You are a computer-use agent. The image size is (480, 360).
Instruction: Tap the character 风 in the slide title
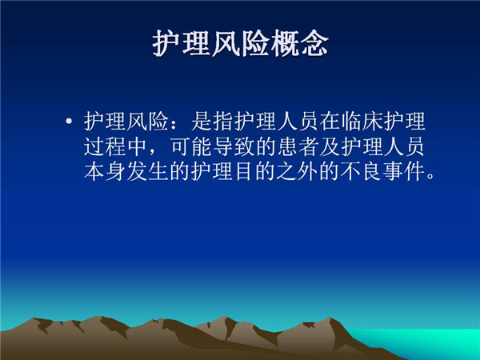tap(226, 43)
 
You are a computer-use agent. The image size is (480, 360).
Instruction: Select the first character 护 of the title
tap(167, 43)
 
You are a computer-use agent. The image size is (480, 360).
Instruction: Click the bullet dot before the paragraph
tap(69, 122)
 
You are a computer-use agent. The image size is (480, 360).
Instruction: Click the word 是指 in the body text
tap(212, 122)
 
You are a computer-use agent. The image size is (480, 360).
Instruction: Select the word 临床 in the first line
tap(362, 122)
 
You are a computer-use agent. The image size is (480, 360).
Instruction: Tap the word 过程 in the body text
tap(105, 146)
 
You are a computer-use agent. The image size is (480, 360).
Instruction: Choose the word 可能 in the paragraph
tap(190, 146)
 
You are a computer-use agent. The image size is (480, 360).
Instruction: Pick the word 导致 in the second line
tap(234, 146)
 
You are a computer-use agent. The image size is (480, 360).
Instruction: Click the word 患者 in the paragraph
tap(298, 146)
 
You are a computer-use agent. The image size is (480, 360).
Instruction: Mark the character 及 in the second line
tap(330, 146)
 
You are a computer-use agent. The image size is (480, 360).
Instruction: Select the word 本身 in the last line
tap(105, 171)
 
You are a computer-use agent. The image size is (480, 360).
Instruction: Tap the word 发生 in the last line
tap(148, 171)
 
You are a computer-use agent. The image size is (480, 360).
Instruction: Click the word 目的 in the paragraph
tap(255, 171)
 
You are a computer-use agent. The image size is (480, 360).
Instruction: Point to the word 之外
tap(298, 171)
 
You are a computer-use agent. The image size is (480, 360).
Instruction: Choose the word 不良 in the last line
tap(362, 171)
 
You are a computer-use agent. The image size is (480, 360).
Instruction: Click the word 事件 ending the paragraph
tap(405, 171)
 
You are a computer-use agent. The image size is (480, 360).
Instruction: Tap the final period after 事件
tap(430, 177)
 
